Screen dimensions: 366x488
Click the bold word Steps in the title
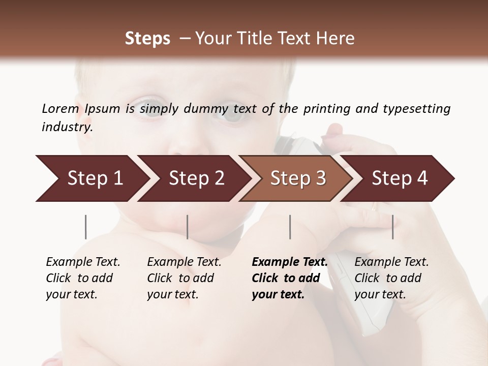coord(147,39)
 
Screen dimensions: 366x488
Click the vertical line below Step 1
coord(86,227)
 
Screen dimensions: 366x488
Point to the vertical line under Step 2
coord(188,227)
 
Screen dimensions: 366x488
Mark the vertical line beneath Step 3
coord(290,227)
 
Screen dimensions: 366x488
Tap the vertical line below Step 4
coord(392,227)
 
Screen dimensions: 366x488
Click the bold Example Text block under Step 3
coord(290,278)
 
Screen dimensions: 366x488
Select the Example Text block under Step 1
coord(83,278)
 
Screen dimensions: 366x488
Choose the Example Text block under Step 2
coord(184,278)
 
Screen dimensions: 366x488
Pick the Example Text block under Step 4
coord(391,278)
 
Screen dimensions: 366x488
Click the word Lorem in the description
coord(60,108)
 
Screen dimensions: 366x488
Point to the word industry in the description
coord(67,127)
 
